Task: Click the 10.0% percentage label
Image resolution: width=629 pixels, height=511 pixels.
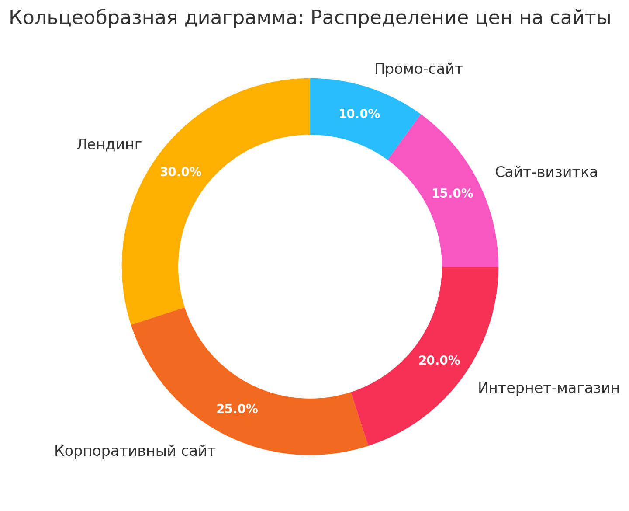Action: (x=359, y=114)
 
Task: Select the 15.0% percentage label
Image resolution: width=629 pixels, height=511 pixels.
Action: (x=452, y=194)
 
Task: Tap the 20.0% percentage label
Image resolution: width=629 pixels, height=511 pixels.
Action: (x=439, y=361)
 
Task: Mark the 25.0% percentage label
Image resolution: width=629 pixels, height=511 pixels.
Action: (x=237, y=409)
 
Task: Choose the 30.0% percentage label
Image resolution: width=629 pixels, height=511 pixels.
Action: (x=180, y=172)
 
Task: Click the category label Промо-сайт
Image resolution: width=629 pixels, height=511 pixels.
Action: (x=418, y=69)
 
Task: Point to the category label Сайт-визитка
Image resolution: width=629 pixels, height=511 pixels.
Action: (x=546, y=172)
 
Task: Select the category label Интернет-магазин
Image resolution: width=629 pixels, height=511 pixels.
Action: (x=549, y=388)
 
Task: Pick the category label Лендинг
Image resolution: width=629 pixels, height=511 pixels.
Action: (x=109, y=144)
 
